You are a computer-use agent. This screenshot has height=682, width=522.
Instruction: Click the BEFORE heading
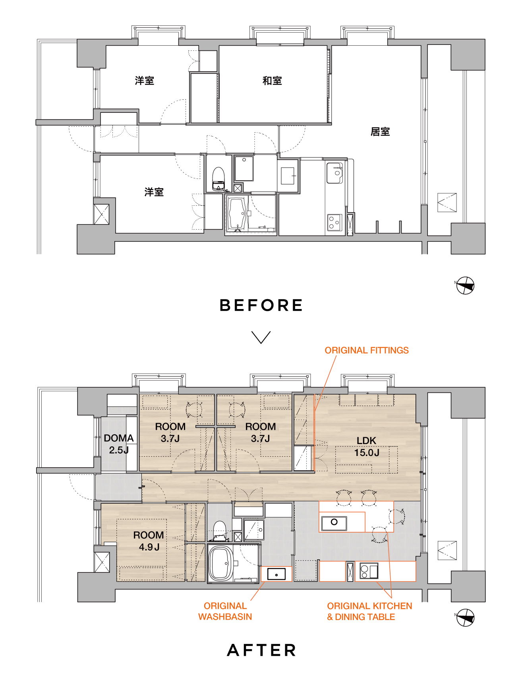click(261, 305)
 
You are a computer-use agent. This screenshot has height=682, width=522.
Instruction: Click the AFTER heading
click(261, 650)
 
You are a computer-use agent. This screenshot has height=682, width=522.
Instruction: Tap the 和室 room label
click(272, 81)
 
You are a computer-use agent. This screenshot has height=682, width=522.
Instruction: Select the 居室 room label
click(380, 131)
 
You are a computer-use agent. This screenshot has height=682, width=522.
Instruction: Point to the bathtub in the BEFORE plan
click(237, 213)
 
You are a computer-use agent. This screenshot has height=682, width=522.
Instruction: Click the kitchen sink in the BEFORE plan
click(334, 173)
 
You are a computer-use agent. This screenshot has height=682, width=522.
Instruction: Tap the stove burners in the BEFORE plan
click(334, 222)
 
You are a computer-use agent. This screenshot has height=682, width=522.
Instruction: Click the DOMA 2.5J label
click(119, 444)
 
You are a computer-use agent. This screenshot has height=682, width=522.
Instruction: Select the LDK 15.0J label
click(367, 446)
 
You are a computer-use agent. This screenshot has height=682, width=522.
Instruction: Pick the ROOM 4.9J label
click(149, 541)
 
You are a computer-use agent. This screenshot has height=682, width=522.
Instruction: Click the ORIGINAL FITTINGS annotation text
click(367, 350)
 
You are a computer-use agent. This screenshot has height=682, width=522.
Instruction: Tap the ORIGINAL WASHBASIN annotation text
click(225, 611)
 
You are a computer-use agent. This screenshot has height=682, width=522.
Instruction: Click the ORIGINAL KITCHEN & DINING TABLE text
click(369, 611)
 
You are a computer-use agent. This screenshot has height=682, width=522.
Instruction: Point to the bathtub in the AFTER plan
click(221, 563)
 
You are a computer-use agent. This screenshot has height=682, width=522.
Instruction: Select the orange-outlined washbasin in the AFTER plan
click(276, 574)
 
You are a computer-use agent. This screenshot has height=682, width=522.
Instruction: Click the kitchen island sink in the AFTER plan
click(334, 523)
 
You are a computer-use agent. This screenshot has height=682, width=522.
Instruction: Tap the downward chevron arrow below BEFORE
click(261, 337)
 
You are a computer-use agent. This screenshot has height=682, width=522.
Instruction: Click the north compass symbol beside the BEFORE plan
click(465, 286)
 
